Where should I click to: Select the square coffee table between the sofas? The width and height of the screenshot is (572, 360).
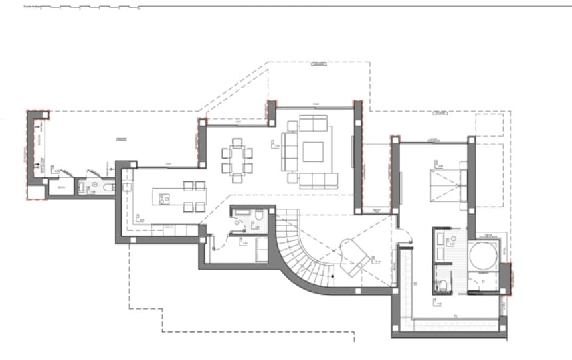[x=313, y=152]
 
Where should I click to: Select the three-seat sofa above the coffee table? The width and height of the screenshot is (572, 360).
[x=314, y=124]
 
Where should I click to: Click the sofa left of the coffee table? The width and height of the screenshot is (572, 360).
[x=290, y=152]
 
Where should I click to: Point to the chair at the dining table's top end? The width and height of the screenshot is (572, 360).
[x=237, y=141]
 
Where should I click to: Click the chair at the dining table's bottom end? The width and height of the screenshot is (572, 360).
[x=237, y=177]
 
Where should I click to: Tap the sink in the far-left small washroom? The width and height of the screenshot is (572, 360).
[x=95, y=185]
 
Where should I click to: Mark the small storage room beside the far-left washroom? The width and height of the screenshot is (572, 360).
[x=61, y=189]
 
